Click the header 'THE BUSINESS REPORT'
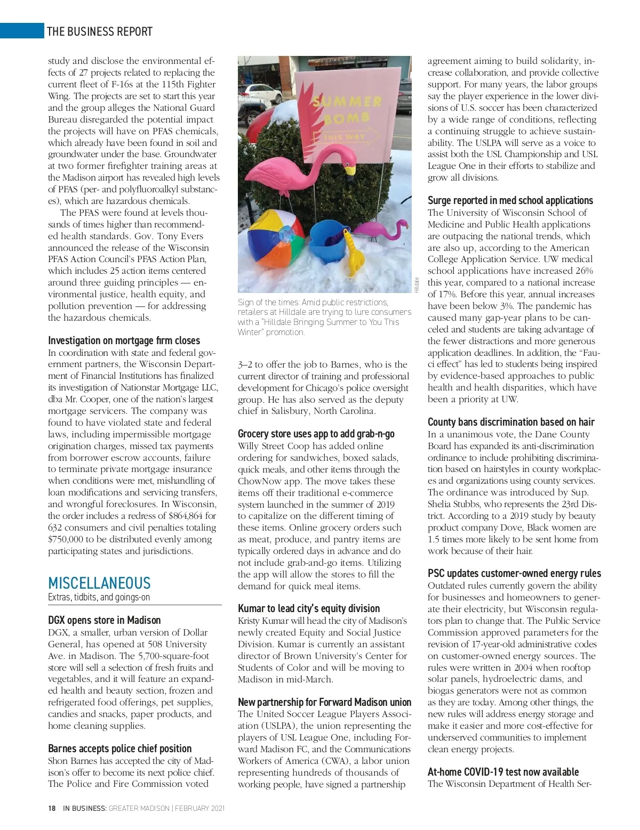point(100,31)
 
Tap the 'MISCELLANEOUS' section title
point(99,583)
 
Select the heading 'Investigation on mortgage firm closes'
point(124,340)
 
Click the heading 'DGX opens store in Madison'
point(104,620)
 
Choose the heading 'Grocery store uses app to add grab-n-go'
point(316,434)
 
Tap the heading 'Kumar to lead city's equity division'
point(309,608)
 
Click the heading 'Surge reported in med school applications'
point(510,200)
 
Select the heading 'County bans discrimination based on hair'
point(511,422)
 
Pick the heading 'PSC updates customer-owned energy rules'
point(514,573)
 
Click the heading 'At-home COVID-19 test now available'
point(503,772)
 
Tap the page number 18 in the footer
point(52,808)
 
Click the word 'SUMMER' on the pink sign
point(347,101)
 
